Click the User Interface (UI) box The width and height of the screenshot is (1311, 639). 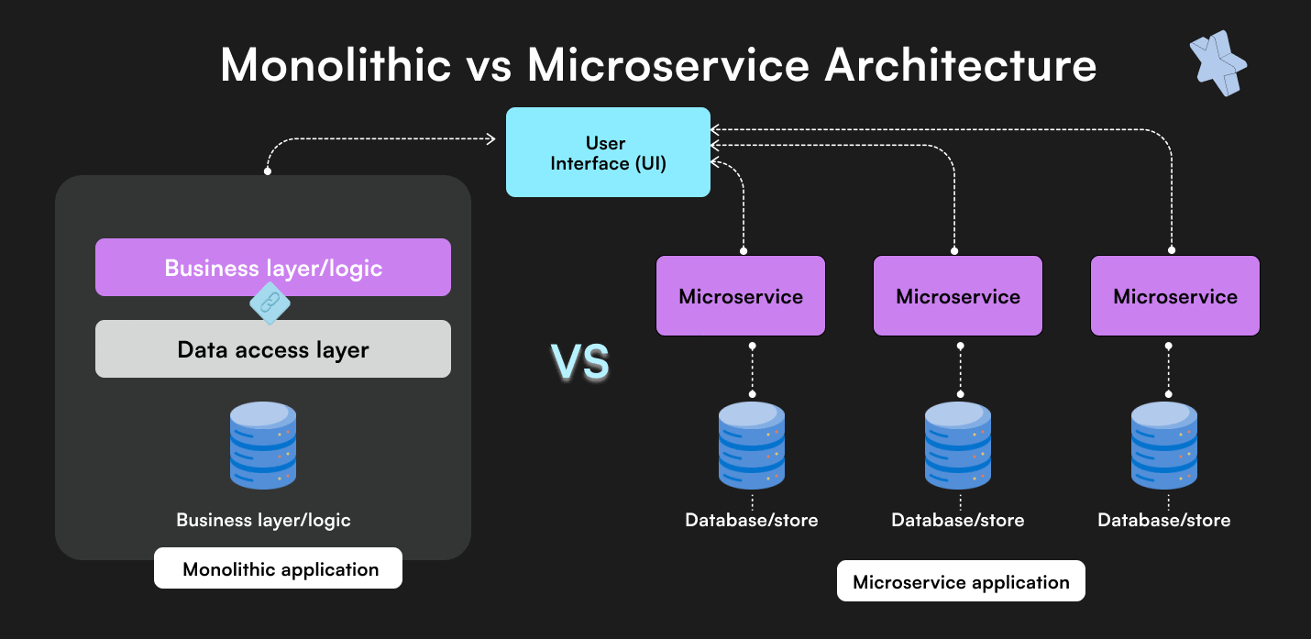[608, 152]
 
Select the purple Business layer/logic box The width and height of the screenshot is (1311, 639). [272, 267]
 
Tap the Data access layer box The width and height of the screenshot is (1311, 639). [272, 348]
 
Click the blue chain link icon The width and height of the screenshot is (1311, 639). [270, 303]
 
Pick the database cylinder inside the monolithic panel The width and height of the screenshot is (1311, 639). [263, 445]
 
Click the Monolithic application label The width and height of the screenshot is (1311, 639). [278, 568]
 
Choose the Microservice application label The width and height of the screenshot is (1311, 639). [961, 581]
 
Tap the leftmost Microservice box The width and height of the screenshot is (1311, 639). [741, 295]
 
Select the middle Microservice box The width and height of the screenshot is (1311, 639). [958, 295]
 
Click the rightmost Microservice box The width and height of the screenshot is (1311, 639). [1175, 295]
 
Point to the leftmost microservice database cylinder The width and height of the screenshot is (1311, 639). [752, 445]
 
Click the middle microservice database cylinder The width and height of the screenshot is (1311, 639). [958, 445]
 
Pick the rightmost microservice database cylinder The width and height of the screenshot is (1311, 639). [1164, 445]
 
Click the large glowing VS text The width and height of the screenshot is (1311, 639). [580, 362]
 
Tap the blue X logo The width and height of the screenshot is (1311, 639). [1217, 63]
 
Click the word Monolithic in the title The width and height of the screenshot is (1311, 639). [336, 64]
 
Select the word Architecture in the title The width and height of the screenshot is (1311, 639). [961, 64]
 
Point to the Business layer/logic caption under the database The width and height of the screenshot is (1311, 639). [263, 520]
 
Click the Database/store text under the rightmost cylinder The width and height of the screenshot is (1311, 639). [1164, 520]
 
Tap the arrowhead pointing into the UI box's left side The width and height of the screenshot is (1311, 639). [491, 138]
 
